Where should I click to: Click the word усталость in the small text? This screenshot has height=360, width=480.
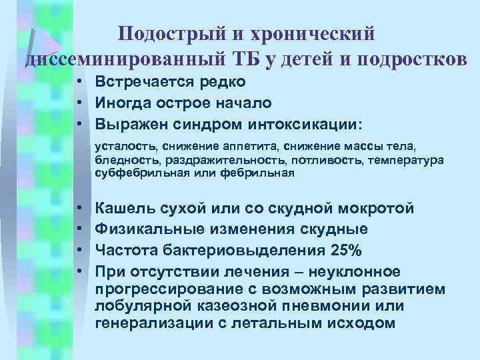[x=120, y=147]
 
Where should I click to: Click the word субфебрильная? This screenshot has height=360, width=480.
[x=135, y=173]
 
